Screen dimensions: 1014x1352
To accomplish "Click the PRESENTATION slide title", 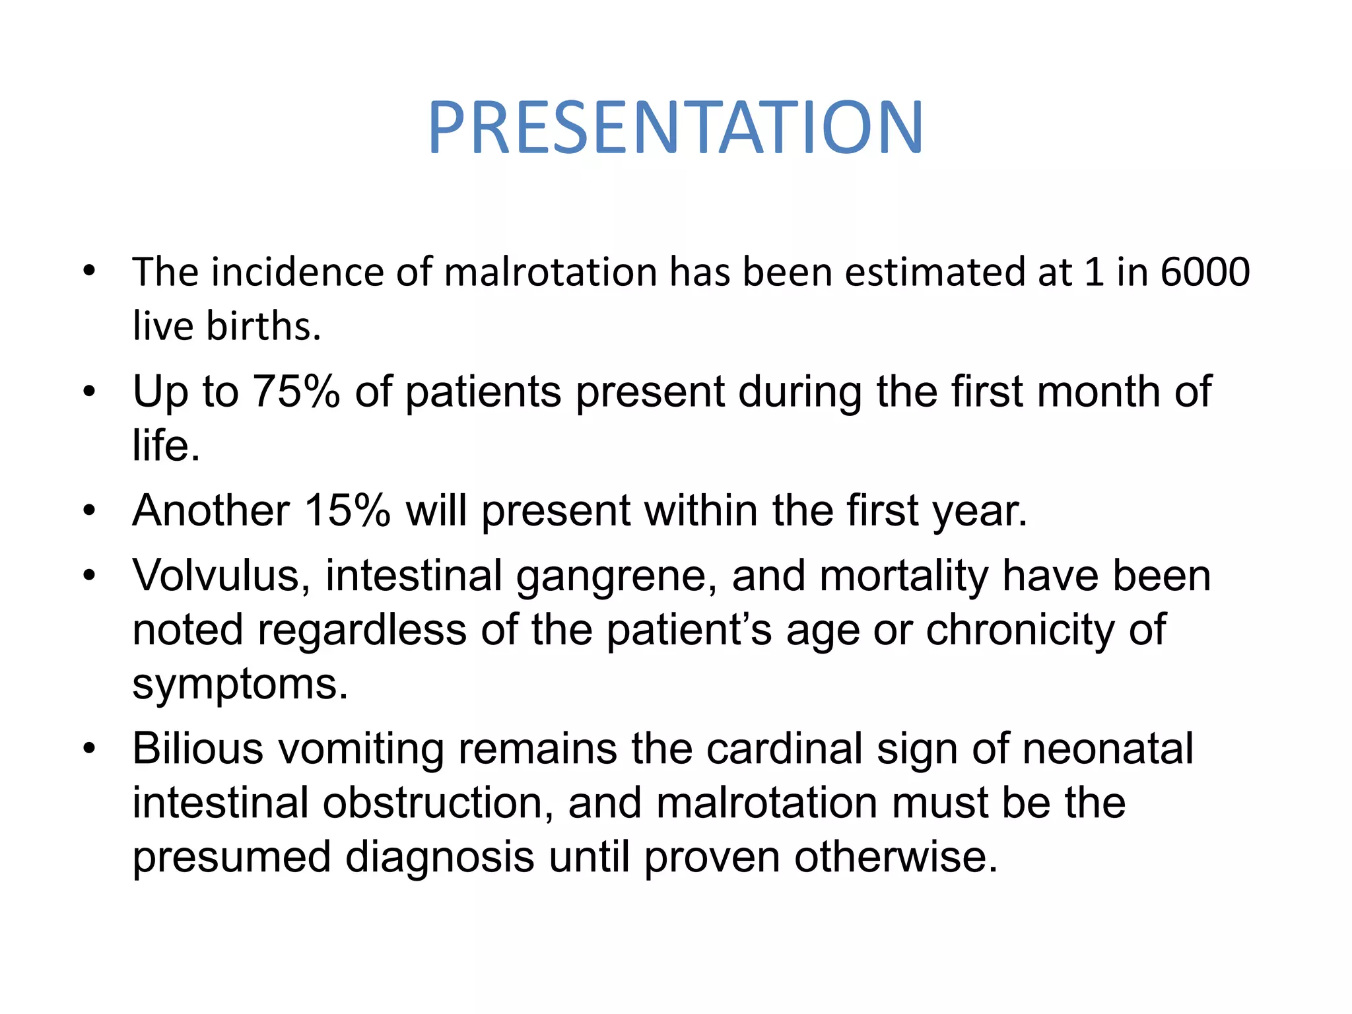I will [675, 128].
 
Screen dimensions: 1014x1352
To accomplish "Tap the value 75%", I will [296, 391].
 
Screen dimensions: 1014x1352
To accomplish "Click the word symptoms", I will [240, 685].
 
